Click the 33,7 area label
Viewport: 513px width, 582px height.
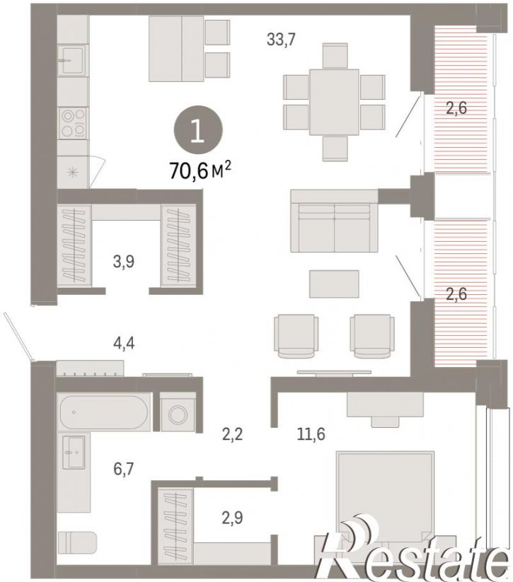coord(281,39)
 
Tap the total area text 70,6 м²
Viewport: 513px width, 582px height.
coord(200,170)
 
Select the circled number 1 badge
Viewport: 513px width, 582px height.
coord(198,130)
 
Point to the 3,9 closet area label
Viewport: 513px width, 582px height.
coord(124,262)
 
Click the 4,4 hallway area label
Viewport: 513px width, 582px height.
coord(124,343)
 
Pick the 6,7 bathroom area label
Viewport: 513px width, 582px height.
coord(123,469)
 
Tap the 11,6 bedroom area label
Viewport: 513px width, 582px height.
coord(311,433)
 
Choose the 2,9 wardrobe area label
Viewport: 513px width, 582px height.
coord(233,518)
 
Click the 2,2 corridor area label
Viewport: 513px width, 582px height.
coord(233,434)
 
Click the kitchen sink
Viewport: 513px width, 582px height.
coord(73,61)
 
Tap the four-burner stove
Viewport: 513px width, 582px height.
coord(73,123)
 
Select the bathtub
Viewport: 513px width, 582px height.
coord(104,412)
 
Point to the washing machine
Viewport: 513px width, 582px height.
coord(178,412)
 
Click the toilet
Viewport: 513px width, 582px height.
coord(77,542)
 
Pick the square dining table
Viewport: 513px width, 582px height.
coord(334,102)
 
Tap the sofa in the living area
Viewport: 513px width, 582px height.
coord(334,221)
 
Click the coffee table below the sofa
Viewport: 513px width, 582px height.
coord(334,284)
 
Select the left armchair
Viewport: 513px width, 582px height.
coord(296,337)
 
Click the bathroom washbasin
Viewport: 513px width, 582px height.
coord(74,452)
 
